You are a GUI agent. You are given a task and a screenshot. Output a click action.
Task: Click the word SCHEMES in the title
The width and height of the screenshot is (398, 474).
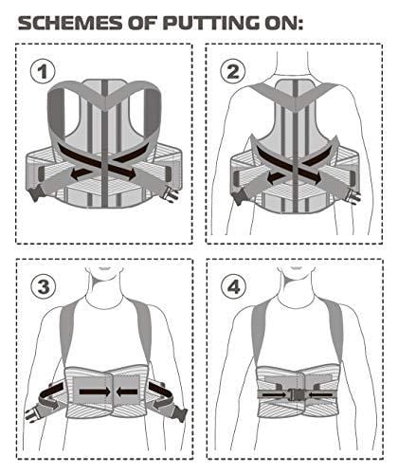(x=70, y=23)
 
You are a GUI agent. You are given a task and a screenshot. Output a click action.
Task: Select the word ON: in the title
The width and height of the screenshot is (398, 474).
(x=283, y=23)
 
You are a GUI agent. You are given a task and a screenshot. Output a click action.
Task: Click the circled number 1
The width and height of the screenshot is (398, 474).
(x=43, y=71)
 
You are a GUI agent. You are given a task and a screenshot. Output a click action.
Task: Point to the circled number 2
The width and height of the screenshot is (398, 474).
(x=233, y=71)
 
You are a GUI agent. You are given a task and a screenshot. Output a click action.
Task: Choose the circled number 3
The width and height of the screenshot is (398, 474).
(x=44, y=287)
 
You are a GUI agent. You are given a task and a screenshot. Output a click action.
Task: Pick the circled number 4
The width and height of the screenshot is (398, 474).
(x=233, y=287)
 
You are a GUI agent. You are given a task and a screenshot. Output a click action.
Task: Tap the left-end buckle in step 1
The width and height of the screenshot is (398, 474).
(x=33, y=193)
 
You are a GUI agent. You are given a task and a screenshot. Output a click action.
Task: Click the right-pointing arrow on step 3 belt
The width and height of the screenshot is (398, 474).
(x=95, y=392)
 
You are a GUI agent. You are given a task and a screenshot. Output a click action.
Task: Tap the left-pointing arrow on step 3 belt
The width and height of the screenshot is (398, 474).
(x=127, y=392)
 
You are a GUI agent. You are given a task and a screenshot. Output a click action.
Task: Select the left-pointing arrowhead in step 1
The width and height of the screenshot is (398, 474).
(x=75, y=174)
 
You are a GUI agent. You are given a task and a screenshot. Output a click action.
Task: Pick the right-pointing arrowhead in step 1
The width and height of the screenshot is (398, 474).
(x=130, y=174)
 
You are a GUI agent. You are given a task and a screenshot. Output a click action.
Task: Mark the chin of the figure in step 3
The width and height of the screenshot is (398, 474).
(x=104, y=269)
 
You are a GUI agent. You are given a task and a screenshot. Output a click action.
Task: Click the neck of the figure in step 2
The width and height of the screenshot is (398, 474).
(x=292, y=64)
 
